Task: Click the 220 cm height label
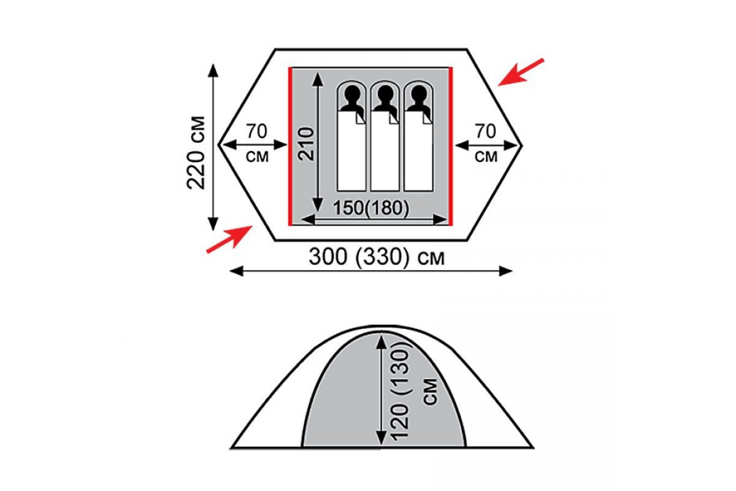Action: click(x=196, y=153)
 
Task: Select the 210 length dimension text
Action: click(x=306, y=144)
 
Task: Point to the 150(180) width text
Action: click(x=371, y=208)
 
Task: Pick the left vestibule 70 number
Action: click(x=256, y=131)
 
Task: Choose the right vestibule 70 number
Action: click(x=486, y=131)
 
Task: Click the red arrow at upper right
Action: click(x=521, y=72)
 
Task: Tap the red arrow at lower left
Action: click(x=229, y=239)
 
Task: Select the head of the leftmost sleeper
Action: click(x=351, y=95)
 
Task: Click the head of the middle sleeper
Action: click(x=385, y=95)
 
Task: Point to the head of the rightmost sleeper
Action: click(x=418, y=95)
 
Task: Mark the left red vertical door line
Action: click(x=290, y=147)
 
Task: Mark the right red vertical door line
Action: click(x=451, y=147)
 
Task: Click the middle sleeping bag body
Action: click(x=385, y=151)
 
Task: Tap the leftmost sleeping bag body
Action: click(x=351, y=151)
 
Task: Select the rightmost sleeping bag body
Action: click(x=418, y=151)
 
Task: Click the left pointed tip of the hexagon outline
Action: click(x=218, y=144)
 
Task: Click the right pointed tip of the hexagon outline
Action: click(x=523, y=145)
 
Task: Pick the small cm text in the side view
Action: click(x=432, y=392)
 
